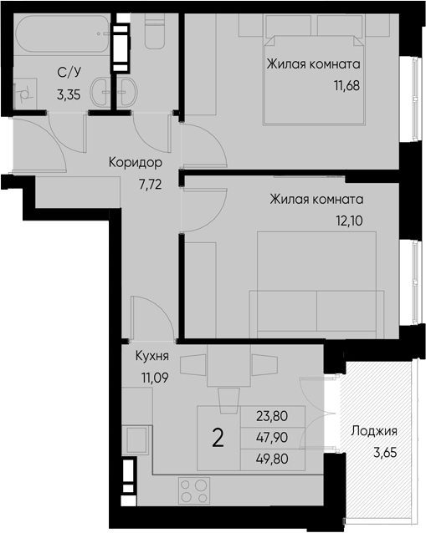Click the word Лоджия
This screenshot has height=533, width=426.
click(x=373, y=432)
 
